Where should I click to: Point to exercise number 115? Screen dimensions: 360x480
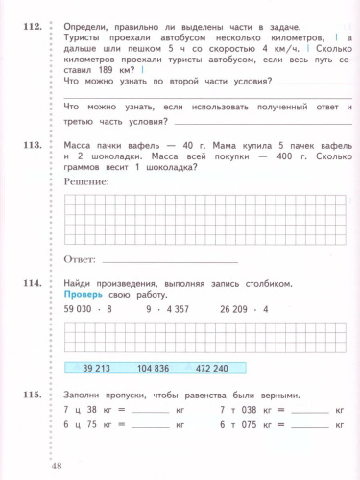click(30, 395)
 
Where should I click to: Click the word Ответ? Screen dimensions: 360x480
click(79, 259)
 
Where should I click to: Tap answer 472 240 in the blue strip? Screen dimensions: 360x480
click(238, 368)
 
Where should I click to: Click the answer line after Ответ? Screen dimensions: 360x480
click(168, 261)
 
